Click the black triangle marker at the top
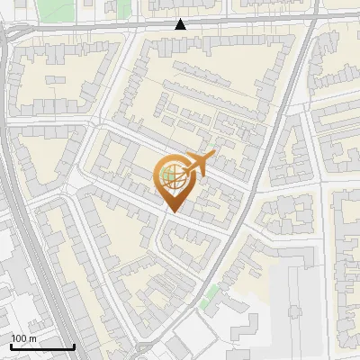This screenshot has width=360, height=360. click(181, 24)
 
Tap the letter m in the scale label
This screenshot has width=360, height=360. click(32, 338)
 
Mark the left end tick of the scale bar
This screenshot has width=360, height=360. click(11, 346)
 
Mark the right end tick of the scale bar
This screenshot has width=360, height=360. click(75, 346)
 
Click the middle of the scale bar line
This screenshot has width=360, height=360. click(42, 346)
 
